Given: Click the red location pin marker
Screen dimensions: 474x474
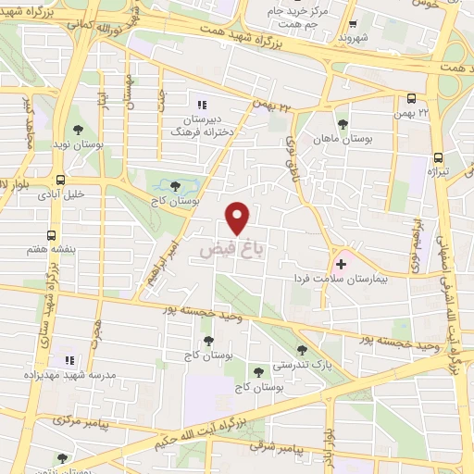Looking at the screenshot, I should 239,218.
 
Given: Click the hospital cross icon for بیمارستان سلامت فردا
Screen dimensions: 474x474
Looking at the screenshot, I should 342,265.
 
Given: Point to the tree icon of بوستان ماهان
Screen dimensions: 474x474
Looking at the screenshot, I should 343,124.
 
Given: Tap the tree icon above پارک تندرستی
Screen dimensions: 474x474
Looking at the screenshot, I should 303,350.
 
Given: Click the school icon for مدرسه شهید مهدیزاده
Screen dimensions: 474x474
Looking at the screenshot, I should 68,359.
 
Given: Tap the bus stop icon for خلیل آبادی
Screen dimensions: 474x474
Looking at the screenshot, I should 60,180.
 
